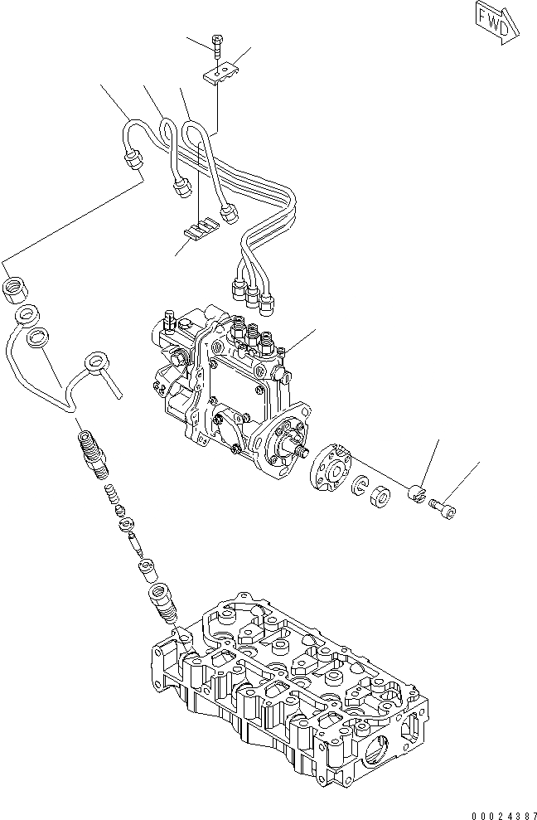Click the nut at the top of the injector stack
tap(17, 290)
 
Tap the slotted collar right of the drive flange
tap(419, 494)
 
